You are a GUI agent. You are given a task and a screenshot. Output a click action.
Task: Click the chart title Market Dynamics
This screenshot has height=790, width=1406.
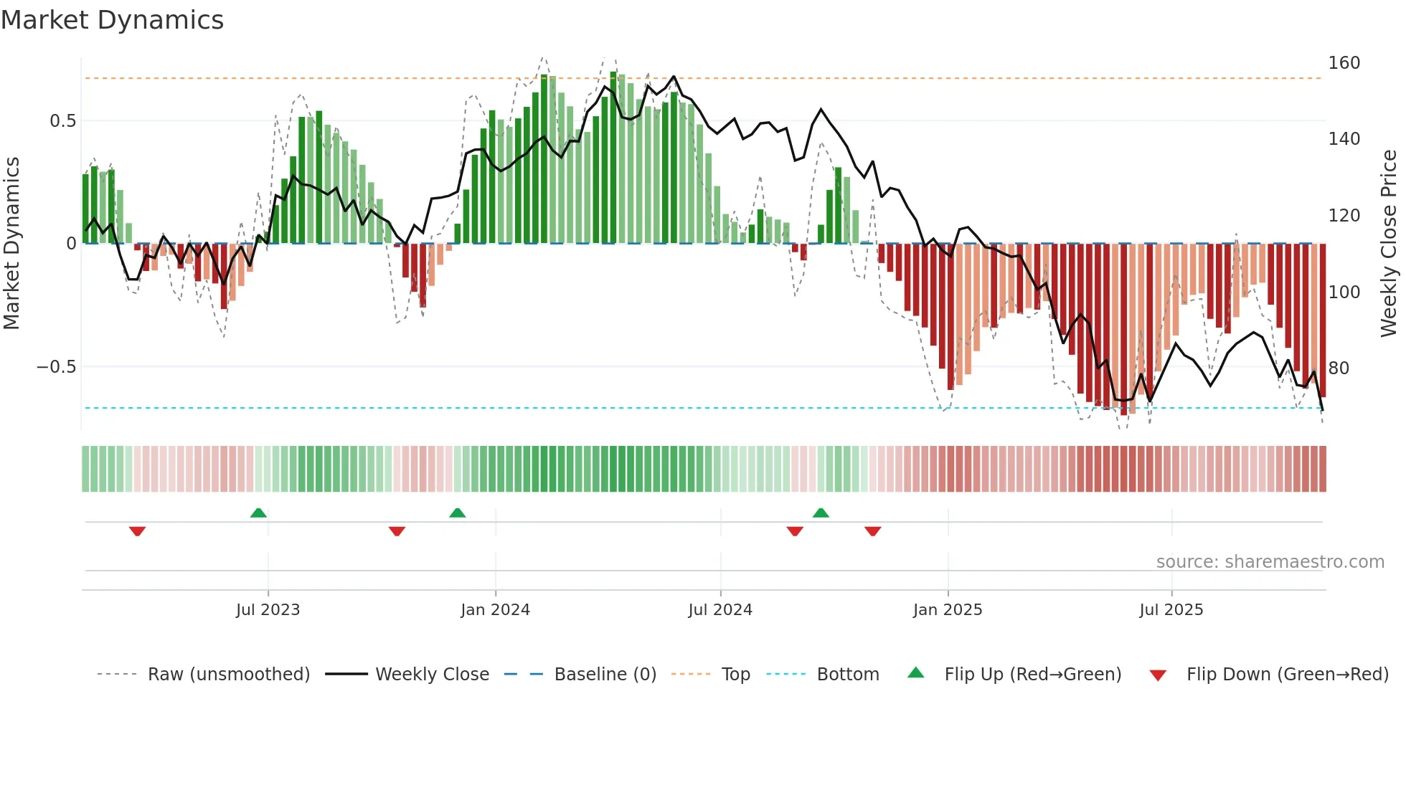coord(112,20)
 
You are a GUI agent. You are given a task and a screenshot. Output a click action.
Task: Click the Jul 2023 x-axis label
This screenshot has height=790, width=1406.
coord(268,610)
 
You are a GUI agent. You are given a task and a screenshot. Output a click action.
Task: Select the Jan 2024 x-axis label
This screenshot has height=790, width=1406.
coord(495,610)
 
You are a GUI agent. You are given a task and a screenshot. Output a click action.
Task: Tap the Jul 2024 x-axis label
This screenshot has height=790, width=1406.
coord(720,610)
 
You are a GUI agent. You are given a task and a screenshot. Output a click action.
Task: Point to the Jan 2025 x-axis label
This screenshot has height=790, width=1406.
coord(948,610)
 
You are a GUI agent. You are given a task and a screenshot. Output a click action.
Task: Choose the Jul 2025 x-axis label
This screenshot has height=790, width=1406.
coord(1171,610)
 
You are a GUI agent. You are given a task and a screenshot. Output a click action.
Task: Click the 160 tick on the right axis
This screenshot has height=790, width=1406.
coord(1344,63)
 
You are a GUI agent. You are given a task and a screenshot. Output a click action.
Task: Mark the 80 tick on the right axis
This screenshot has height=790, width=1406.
coord(1339,368)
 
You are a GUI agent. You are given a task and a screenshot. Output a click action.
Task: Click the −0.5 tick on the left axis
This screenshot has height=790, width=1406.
coord(56,367)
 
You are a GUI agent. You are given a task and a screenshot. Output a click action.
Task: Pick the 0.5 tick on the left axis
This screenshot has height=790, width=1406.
coord(62,121)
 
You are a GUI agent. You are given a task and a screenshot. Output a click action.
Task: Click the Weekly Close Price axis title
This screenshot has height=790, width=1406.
coord(1389,244)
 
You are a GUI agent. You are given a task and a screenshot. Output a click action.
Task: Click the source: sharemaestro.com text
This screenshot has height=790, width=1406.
coord(1270,562)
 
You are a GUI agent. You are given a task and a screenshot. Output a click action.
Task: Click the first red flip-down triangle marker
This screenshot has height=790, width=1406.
coord(137,531)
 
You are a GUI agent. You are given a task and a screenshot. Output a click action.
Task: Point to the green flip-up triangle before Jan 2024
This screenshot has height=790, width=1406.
coord(457,513)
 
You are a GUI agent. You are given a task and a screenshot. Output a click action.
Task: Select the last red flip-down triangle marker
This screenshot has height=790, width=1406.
coord(872,531)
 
